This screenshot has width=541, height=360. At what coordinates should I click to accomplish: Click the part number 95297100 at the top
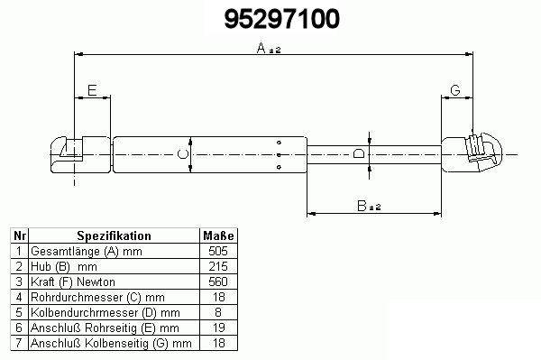282,19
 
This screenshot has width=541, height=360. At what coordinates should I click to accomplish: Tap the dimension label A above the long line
261,48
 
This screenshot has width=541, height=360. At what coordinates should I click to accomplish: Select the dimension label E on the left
92,90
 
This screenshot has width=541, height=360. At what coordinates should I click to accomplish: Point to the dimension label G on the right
455,90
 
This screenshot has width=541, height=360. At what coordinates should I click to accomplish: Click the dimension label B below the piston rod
362,206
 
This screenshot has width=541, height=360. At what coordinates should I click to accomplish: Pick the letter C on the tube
182,154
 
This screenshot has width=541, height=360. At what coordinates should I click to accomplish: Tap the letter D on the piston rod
359,153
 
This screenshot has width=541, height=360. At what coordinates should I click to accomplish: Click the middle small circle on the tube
279,155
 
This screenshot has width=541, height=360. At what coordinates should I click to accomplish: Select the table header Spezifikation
114,235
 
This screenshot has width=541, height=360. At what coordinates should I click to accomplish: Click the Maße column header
218,235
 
